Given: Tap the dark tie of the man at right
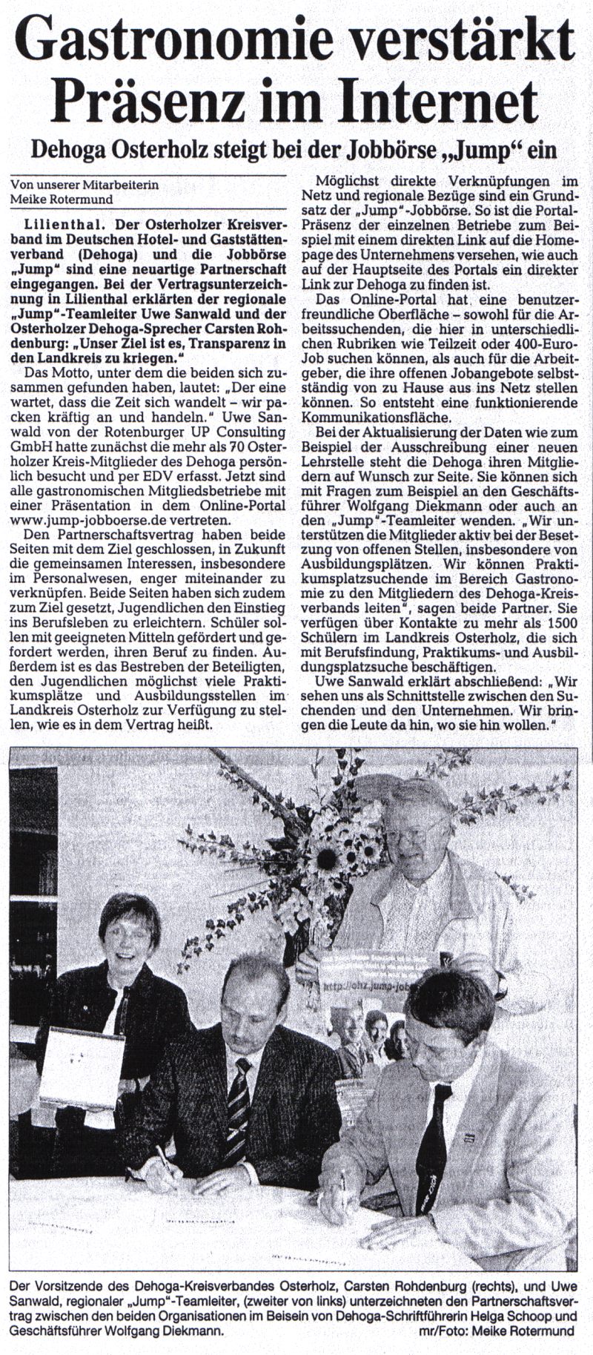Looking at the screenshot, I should point(433,1157).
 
